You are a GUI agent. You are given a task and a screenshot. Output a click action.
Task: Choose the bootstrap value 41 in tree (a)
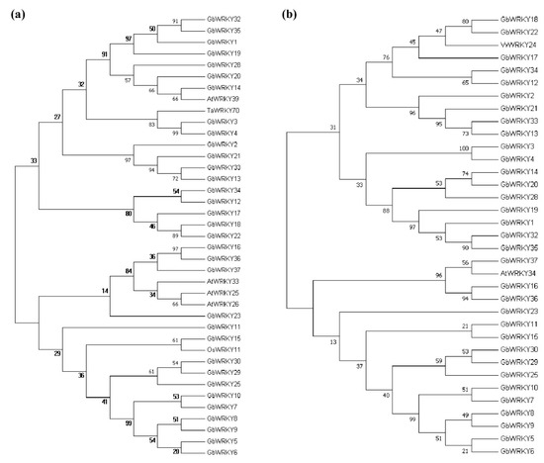point(104,401)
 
